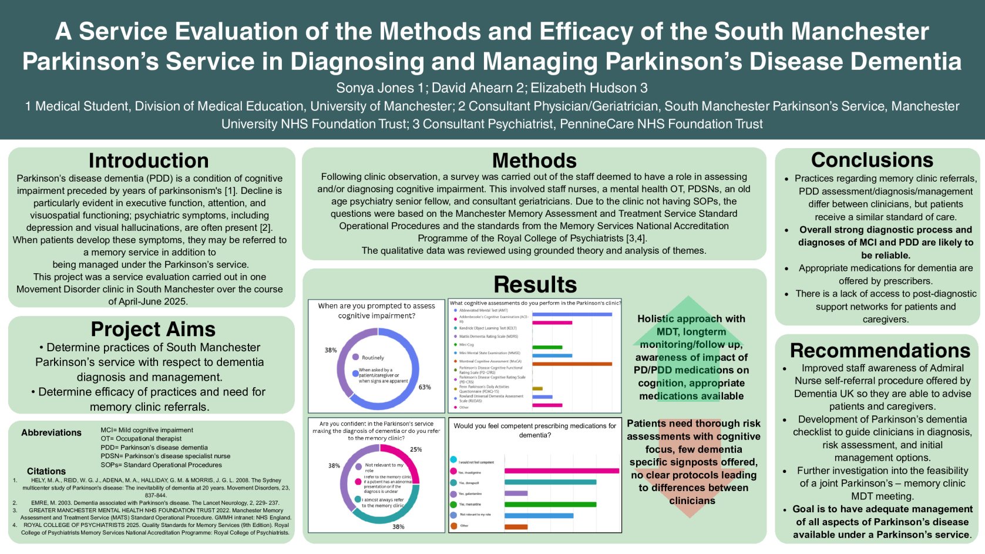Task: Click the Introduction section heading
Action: pos(149,161)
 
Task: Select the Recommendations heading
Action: pos(879,351)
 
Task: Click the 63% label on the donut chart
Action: pos(425,387)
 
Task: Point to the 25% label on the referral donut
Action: pos(416,449)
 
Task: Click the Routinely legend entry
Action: pos(372,357)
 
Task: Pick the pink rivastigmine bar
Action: pos(561,471)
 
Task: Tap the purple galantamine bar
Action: pos(516,493)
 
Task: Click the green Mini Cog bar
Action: pos(547,347)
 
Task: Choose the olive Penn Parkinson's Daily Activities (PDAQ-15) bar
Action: pos(537,389)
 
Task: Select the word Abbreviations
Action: pos(51,433)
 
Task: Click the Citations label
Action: pos(46,471)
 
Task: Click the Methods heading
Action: pos(534,160)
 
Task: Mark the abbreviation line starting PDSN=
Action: pos(165,456)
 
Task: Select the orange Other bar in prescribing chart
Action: pos(516,526)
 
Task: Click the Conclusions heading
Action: pos(872,160)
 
